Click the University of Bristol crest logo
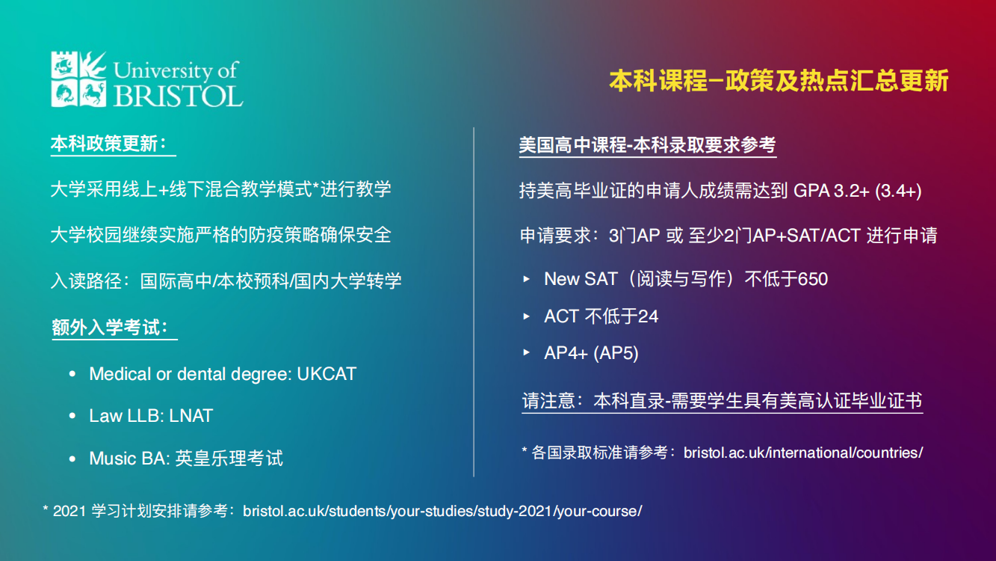click(78, 79)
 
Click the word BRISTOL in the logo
click(178, 96)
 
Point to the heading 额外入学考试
click(110, 328)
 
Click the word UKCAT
click(327, 374)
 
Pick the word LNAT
click(191, 416)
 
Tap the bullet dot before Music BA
click(72, 459)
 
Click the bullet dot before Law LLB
click(72, 416)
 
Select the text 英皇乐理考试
click(229, 459)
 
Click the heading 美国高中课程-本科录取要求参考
click(647, 145)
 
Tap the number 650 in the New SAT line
click(813, 279)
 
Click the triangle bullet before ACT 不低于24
click(527, 316)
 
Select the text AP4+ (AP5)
click(591, 353)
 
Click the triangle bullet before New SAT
click(527, 279)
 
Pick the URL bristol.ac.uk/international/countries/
click(803, 453)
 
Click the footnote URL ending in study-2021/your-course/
click(442, 512)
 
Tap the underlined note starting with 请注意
click(722, 401)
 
